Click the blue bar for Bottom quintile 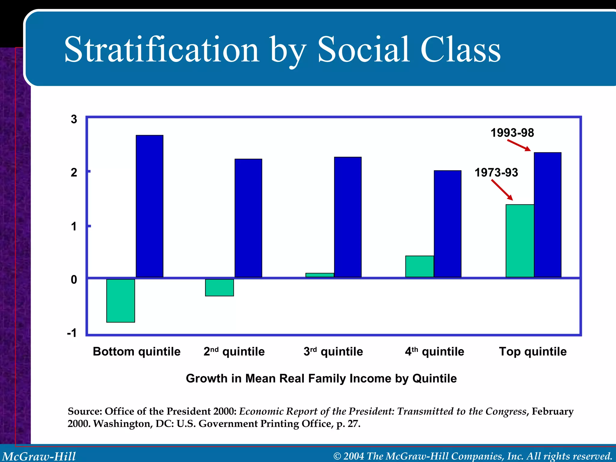point(149,206)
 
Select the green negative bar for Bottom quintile point(121,300)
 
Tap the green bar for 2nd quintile point(220,288)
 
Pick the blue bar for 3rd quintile point(348,217)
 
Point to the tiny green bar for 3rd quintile point(320,275)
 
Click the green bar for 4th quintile point(420,266)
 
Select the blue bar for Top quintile point(547,215)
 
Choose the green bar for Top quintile point(520,241)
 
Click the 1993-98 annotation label point(512,133)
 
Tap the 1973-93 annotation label point(496,173)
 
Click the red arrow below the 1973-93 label point(502,190)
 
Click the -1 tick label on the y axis point(72,333)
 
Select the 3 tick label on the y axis point(74,119)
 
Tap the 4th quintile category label point(434,351)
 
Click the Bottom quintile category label point(137,351)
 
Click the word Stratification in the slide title point(162,50)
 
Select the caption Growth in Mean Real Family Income point(321,378)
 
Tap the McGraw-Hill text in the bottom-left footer point(39,456)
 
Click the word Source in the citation point(85,411)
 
